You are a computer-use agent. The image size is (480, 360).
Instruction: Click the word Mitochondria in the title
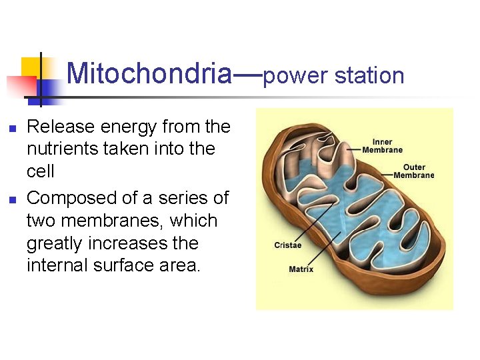[149, 73]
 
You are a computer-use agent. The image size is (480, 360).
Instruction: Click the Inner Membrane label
[382, 146]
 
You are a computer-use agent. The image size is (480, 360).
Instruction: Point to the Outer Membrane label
[413, 171]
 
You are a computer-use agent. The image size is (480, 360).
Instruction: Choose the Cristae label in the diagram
[287, 245]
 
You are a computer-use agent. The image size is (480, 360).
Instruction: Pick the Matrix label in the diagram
[301, 269]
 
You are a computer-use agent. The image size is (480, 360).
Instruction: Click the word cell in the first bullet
[40, 171]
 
